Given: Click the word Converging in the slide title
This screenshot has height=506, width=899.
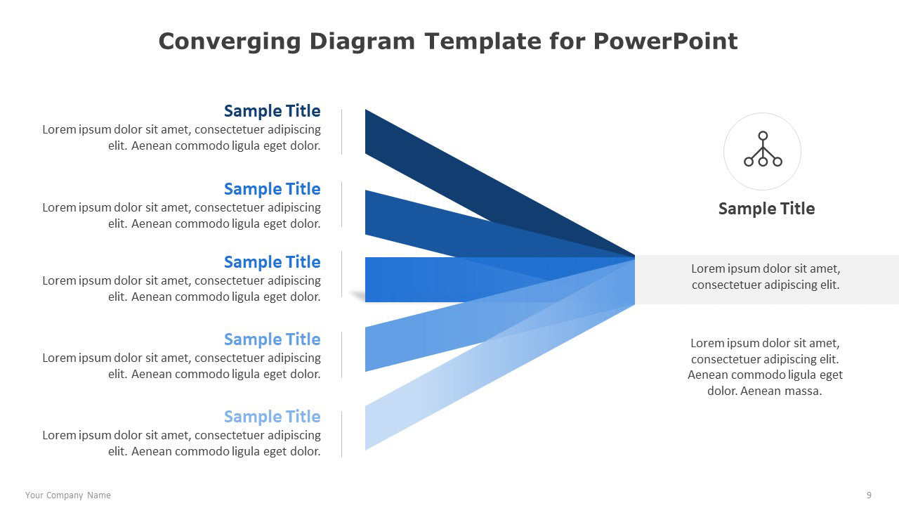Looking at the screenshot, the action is click(230, 42).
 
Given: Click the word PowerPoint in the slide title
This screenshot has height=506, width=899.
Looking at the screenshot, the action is click(665, 41).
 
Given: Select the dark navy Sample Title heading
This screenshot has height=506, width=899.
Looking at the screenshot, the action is click(272, 111).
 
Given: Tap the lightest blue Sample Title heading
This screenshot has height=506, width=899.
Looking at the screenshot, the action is click(272, 417).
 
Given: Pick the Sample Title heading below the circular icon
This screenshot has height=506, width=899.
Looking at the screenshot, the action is click(766, 209).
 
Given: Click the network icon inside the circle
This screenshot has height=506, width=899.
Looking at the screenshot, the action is click(763, 149).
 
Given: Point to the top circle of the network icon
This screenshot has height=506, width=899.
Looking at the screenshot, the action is click(763, 136).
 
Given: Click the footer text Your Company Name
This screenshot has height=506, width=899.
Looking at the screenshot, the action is click(68, 495).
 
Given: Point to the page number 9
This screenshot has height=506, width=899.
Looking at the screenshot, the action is click(869, 495).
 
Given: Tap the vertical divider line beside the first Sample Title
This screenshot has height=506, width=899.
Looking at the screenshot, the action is click(341, 131).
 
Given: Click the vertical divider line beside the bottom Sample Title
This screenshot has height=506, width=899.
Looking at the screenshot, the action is click(341, 434).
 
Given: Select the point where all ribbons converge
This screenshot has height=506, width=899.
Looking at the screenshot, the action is click(634, 257).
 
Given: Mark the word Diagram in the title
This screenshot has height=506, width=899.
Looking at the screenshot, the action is click(362, 42).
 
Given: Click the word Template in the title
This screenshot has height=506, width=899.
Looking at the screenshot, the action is click(483, 42).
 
